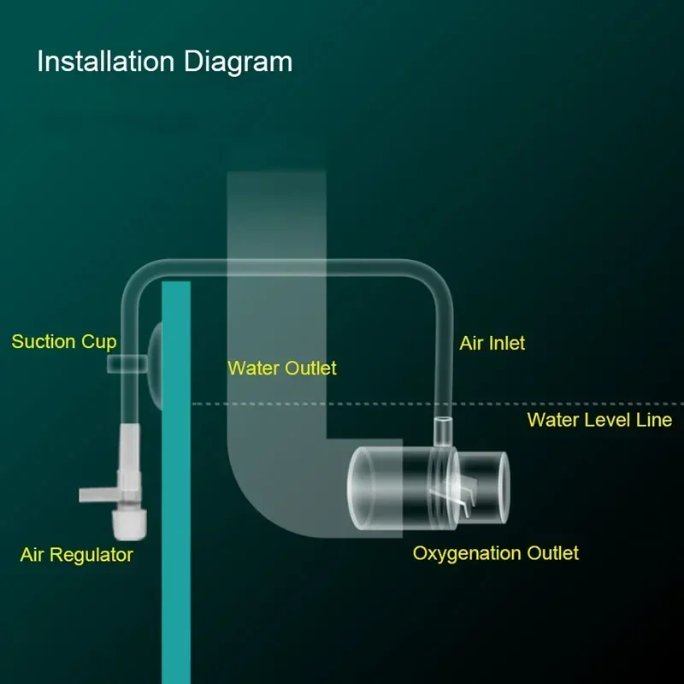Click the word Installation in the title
(x=105, y=61)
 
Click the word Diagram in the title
(x=239, y=62)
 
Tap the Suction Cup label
(x=64, y=342)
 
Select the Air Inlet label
(x=492, y=344)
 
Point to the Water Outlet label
(x=282, y=369)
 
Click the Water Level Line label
(x=599, y=420)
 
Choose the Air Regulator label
(x=77, y=555)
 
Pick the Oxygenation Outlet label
(x=496, y=553)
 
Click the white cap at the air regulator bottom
(x=129, y=525)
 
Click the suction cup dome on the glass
(x=155, y=366)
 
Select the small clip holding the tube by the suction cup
(x=127, y=364)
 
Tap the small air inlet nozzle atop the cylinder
(x=443, y=432)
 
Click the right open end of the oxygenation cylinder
(x=503, y=487)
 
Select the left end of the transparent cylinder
(x=360, y=488)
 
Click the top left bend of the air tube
(x=140, y=280)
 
